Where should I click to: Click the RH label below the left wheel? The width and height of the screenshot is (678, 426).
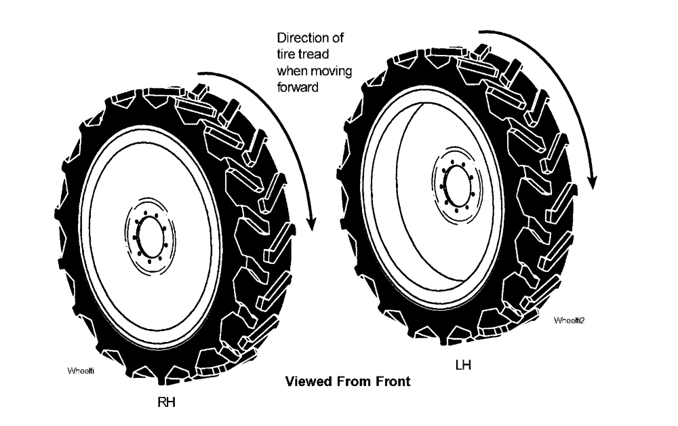point(167,402)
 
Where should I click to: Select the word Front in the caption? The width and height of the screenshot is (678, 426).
point(391,381)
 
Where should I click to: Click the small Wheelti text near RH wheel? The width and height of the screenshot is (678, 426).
point(80,371)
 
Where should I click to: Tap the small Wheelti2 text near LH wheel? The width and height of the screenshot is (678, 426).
point(569,319)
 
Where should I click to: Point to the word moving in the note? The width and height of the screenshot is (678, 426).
point(330,70)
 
